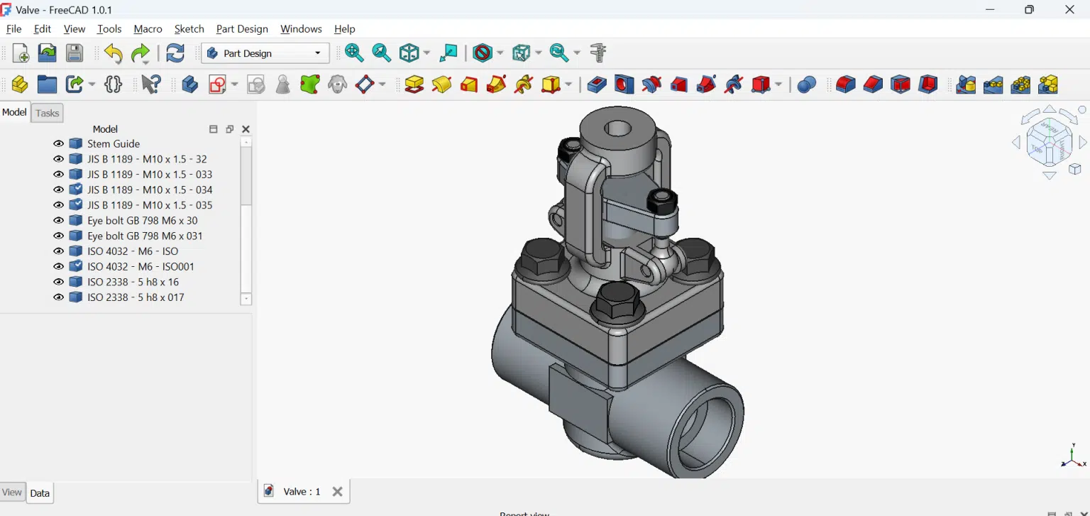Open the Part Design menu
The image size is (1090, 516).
tap(242, 29)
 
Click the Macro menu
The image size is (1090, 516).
tap(148, 29)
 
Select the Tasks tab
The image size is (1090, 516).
tap(48, 114)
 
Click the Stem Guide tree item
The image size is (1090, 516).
tap(114, 144)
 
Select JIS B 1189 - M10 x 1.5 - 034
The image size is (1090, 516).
tap(150, 190)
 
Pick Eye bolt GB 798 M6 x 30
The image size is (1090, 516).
tap(142, 221)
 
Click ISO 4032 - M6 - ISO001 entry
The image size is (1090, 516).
tap(141, 267)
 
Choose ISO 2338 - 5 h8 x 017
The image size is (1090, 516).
tap(136, 297)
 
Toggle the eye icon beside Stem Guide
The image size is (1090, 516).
tap(59, 144)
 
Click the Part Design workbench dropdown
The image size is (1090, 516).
tap(265, 53)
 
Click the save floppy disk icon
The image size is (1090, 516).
tap(75, 53)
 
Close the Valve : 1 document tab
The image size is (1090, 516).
tap(338, 491)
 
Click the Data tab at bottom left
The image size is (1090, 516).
tap(40, 493)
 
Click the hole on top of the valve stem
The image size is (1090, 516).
tap(618, 128)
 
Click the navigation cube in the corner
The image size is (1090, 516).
tap(1049, 142)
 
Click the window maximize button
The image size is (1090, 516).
tap(1029, 10)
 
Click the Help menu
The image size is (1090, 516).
tap(344, 29)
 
